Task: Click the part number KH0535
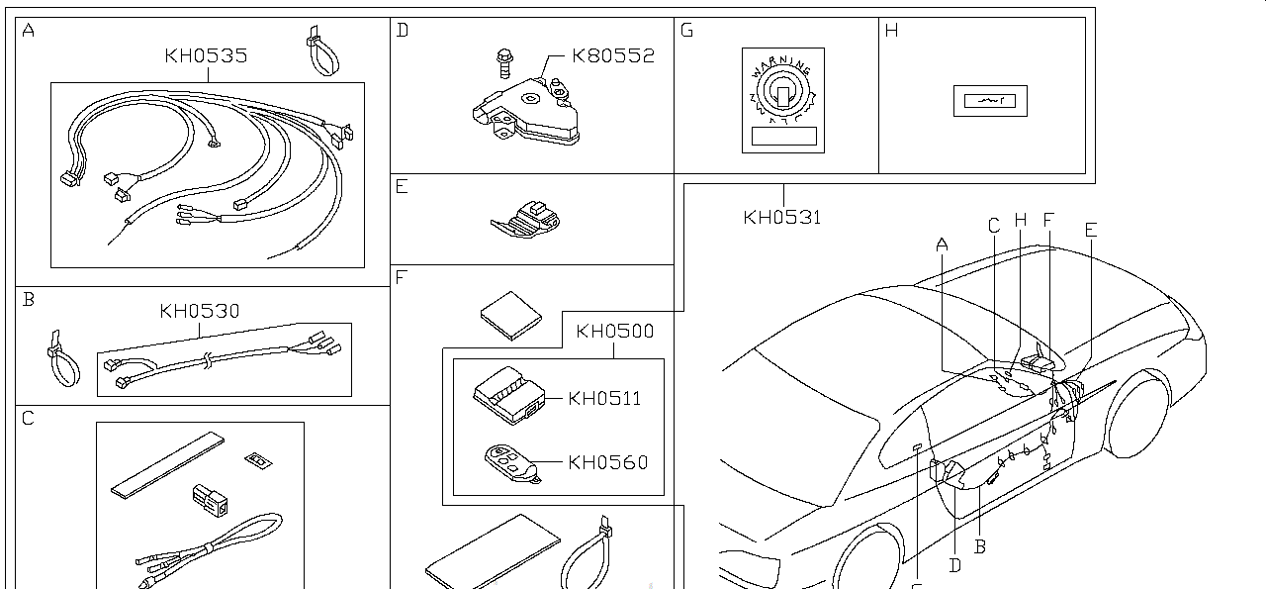(x=206, y=56)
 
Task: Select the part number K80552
(x=613, y=56)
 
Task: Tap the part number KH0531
(x=782, y=217)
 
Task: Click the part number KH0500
(x=614, y=332)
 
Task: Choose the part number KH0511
(x=604, y=399)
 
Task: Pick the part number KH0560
(x=607, y=462)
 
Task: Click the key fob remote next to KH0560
(x=512, y=464)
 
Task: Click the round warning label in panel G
(x=782, y=94)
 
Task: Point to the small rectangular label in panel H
(x=990, y=101)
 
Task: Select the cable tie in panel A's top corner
(x=318, y=53)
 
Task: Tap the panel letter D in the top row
(x=402, y=30)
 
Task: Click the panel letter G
(x=687, y=30)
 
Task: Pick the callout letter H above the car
(x=1021, y=220)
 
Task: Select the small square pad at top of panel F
(x=511, y=315)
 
